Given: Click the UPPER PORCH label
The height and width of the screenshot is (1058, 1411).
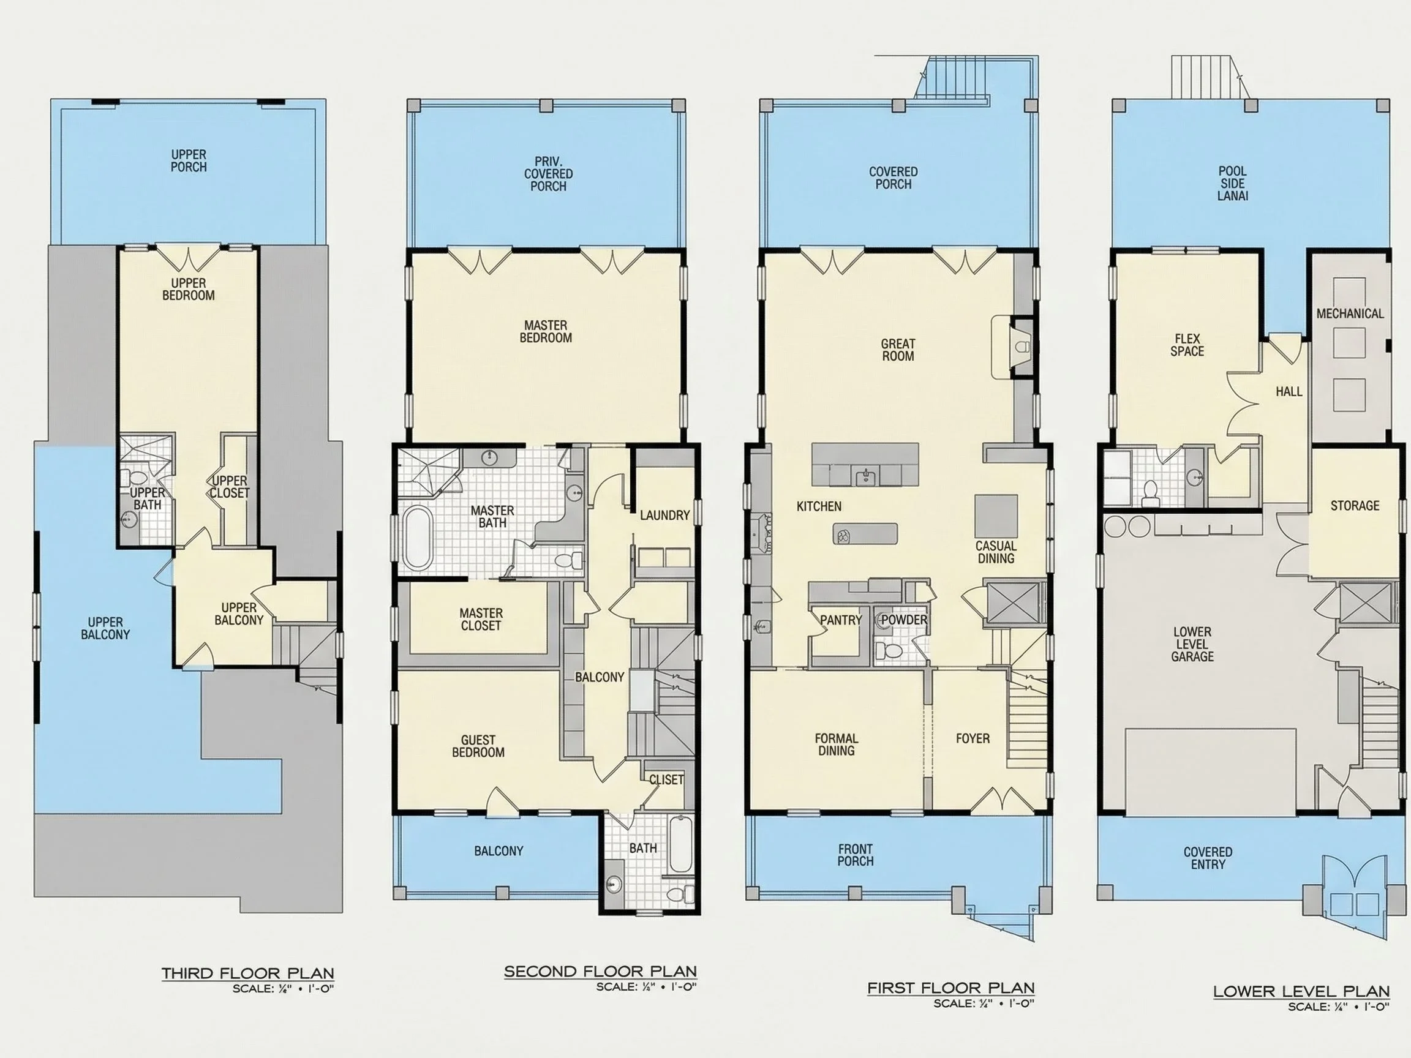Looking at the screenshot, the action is click(x=189, y=160).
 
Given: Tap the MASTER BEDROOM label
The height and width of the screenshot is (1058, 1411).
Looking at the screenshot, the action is click(x=546, y=332).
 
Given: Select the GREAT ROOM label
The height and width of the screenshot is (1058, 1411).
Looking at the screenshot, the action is click(x=898, y=350).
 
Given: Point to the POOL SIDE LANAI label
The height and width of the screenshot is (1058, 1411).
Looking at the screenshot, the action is click(x=1232, y=184).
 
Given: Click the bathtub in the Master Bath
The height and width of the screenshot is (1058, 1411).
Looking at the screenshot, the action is click(x=417, y=537).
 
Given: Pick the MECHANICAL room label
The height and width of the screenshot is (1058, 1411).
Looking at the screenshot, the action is click(x=1350, y=313).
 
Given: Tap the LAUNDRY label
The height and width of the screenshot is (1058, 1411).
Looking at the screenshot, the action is click(x=664, y=516).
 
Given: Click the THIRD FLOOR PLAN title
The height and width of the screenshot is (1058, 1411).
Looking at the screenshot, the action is click(x=247, y=973).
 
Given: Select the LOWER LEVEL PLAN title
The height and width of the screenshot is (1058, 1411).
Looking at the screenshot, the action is click(x=1301, y=992).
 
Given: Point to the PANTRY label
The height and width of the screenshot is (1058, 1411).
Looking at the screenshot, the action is click(x=841, y=620).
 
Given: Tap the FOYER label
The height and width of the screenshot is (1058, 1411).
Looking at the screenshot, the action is click(x=973, y=738).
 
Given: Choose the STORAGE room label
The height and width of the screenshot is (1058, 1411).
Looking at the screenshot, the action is click(x=1355, y=506).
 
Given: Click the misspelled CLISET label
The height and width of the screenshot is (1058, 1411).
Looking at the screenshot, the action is click(x=666, y=779).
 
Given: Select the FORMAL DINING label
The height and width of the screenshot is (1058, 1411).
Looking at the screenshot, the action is click(x=837, y=745).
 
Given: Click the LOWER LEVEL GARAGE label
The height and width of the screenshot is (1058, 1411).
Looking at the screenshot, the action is click(x=1192, y=644).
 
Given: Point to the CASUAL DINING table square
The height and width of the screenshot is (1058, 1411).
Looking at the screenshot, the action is click(x=996, y=516).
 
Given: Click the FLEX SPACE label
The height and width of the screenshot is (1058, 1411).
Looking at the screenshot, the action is click(x=1187, y=345).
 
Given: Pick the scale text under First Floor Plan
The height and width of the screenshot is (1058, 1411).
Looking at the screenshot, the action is click(x=984, y=1003).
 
